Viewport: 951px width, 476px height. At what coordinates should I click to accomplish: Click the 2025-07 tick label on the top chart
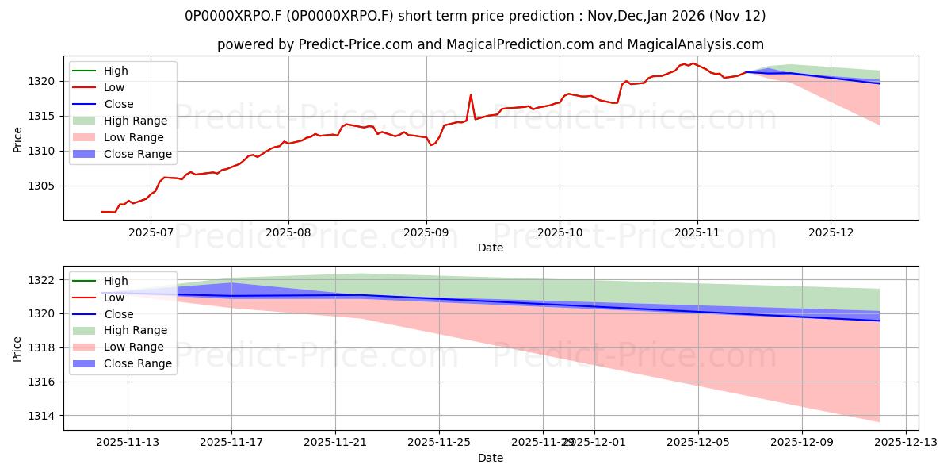[x=151, y=233]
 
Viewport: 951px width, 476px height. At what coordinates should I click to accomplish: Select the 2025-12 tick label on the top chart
[x=831, y=233]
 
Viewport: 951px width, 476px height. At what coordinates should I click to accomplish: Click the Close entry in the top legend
[x=119, y=104]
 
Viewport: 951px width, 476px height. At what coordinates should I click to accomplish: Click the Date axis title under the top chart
[x=491, y=248]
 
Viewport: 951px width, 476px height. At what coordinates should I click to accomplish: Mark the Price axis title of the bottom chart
[x=17, y=347]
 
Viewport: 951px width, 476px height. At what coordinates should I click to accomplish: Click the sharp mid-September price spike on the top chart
[x=471, y=95]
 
